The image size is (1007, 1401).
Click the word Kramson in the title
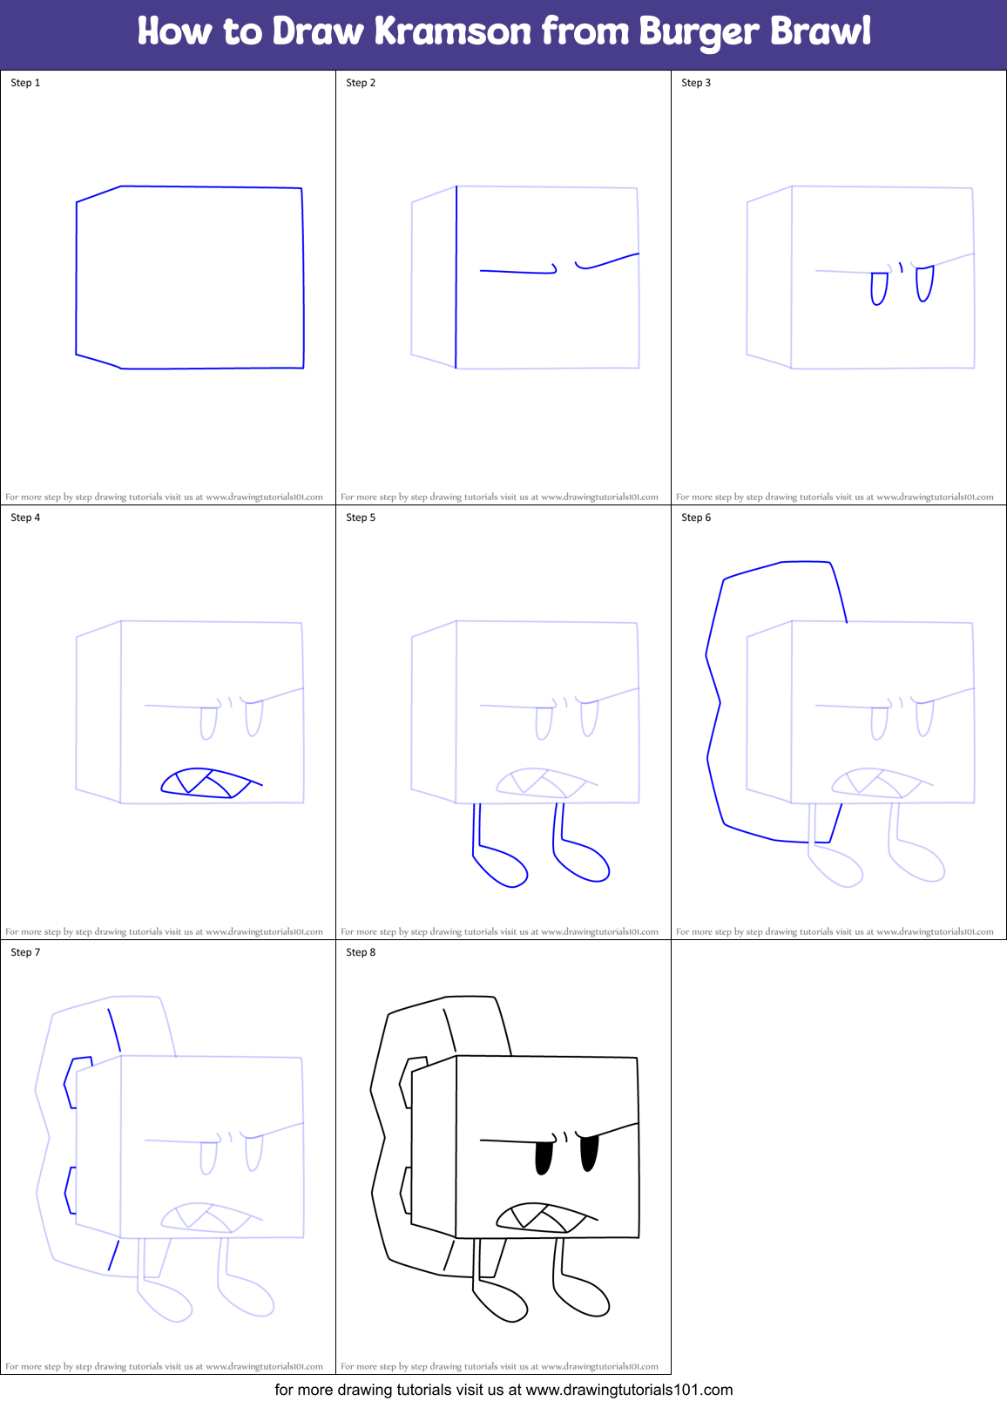[452, 31]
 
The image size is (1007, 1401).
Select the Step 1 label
[25, 83]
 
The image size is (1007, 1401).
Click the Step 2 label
[361, 83]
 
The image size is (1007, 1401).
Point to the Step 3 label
[696, 83]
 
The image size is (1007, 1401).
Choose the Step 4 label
[25, 518]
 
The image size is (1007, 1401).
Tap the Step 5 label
[361, 518]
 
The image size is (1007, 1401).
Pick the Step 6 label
[696, 518]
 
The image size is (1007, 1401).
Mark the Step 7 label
[25, 952]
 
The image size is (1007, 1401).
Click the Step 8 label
[361, 952]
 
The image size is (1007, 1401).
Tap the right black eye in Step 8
[590, 1154]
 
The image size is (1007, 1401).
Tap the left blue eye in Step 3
[879, 288]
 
